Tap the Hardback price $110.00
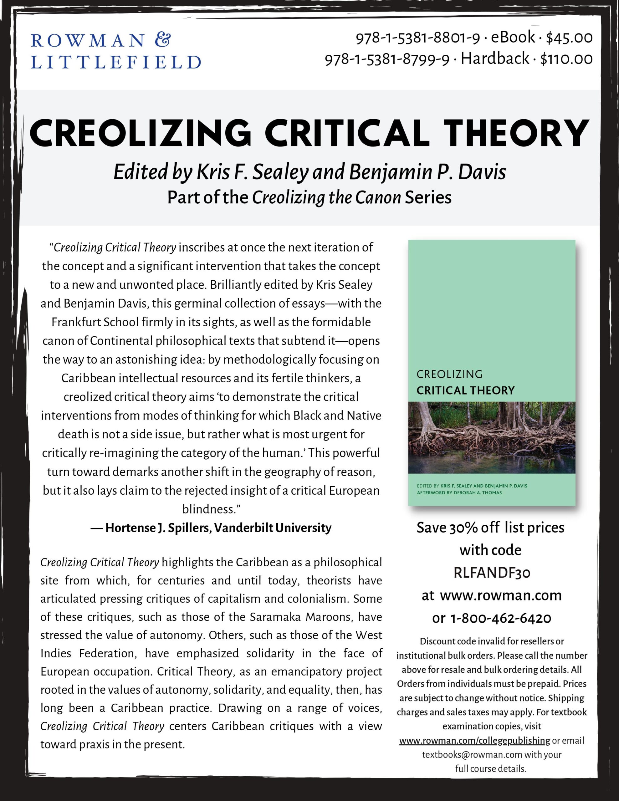(566, 59)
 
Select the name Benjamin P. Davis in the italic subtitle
(427, 172)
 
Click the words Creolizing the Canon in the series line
(327, 197)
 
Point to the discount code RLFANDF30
(492, 573)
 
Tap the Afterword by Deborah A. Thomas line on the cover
(459, 492)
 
